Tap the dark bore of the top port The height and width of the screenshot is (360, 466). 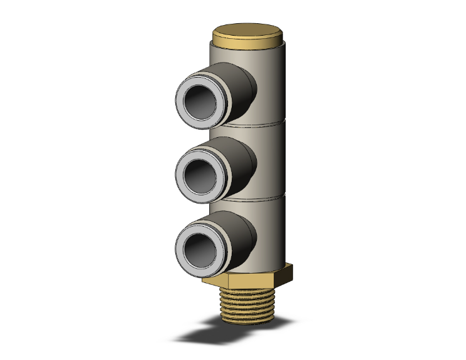coord(200,100)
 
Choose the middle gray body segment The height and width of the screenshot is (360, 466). coord(272,160)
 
